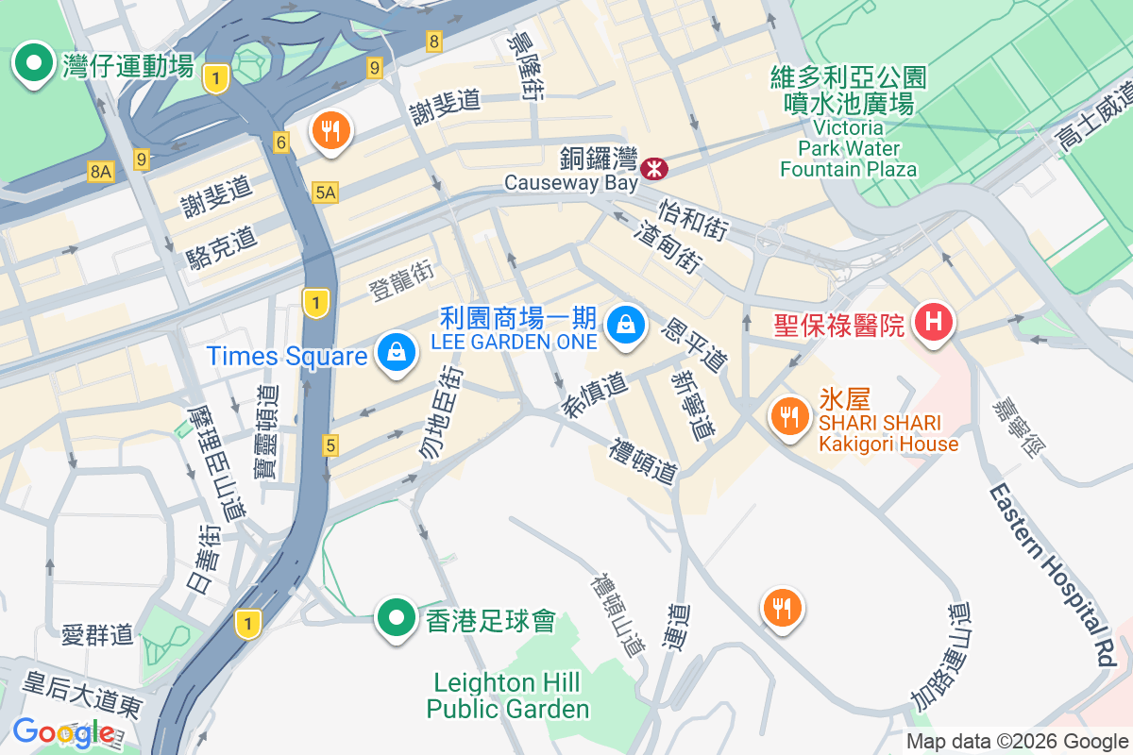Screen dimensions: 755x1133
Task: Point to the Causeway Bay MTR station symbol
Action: [x=653, y=169]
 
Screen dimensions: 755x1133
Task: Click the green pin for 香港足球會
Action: [x=397, y=619]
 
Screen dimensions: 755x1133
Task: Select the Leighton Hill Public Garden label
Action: [x=508, y=696]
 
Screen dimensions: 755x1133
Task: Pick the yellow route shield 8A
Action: [x=100, y=171]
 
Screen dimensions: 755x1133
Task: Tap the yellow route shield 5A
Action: [x=325, y=193]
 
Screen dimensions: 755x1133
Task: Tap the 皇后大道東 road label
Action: [x=82, y=691]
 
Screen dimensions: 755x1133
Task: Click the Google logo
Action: [x=64, y=731]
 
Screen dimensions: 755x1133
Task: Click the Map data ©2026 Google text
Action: [x=1017, y=741]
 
